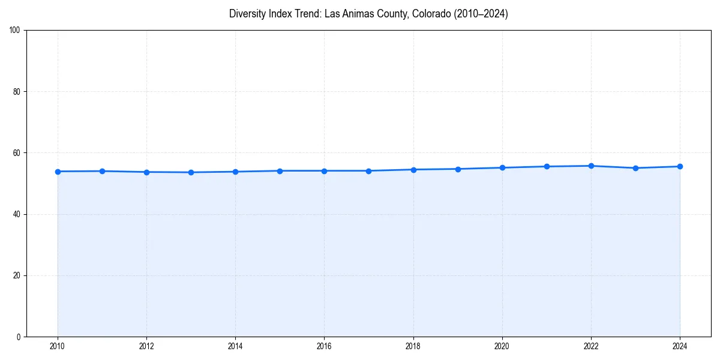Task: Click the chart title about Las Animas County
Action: (368, 14)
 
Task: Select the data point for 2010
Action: (58, 172)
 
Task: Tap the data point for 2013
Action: (191, 172)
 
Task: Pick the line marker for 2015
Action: (280, 171)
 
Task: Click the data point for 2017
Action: (368, 171)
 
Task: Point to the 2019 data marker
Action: (458, 169)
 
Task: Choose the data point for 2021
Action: (547, 166)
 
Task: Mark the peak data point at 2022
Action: (591, 166)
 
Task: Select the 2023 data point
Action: (635, 168)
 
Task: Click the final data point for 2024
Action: (680, 166)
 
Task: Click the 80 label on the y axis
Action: (17, 92)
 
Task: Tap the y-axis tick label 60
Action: (17, 153)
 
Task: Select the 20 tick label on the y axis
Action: (17, 275)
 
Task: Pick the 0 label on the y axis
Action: (19, 337)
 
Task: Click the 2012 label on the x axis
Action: (146, 346)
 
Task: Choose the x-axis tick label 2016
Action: (324, 346)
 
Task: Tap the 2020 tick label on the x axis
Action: (502, 346)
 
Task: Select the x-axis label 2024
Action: (680, 346)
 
